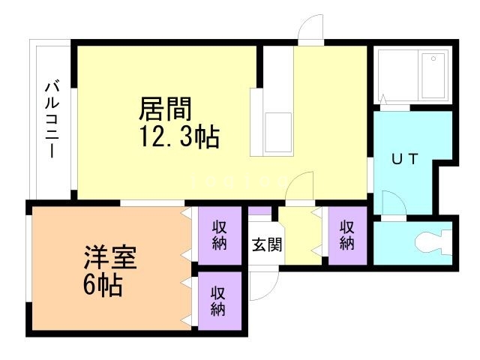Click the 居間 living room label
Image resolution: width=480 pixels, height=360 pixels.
(x=164, y=110)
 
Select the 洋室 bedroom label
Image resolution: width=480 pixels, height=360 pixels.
(x=109, y=259)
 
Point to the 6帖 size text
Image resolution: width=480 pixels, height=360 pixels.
(x=103, y=286)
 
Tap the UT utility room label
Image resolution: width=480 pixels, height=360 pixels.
(x=406, y=159)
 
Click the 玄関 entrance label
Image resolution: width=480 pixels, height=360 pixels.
(x=266, y=244)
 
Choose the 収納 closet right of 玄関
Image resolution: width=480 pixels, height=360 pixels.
(x=346, y=235)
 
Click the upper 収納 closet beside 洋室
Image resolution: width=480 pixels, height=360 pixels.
(x=219, y=235)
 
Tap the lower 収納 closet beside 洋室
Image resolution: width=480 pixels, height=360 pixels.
(x=219, y=300)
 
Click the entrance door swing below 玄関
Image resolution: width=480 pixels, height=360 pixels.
(x=265, y=284)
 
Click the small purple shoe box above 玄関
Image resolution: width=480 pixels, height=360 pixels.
(x=259, y=211)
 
